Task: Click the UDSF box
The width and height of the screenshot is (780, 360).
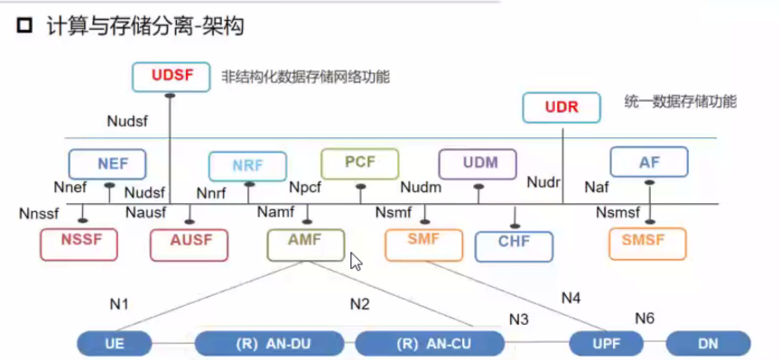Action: pyautogui.click(x=172, y=77)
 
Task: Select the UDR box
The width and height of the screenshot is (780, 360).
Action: pyautogui.click(x=561, y=108)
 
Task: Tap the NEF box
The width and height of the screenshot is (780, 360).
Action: pyautogui.click(x=107, y=163)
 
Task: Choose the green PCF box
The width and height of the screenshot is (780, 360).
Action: pyautogui.click(x=359, y=162)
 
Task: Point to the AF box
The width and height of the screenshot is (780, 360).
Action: pyautogui.click(x=649, y=162)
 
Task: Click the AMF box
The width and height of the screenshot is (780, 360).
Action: pyautogui.click(x=305, y=242)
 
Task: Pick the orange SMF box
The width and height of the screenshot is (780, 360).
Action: pyautogui.click(x=422, y=242)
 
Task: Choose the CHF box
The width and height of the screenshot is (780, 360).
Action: pyautogui.click(x=515, y=243)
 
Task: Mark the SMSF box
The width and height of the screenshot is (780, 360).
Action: pyautogui.click(x=647, y=242)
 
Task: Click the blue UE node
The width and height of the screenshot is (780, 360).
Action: pyautogui.click(x=114, y=344)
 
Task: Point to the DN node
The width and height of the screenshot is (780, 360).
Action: pyautogui.click(x=709, y=344)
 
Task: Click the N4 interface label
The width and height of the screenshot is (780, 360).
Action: pyautogui.click(x=572, y=296)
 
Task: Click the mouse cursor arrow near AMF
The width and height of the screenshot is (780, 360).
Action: pyautogui.click(x=356, y=262)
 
